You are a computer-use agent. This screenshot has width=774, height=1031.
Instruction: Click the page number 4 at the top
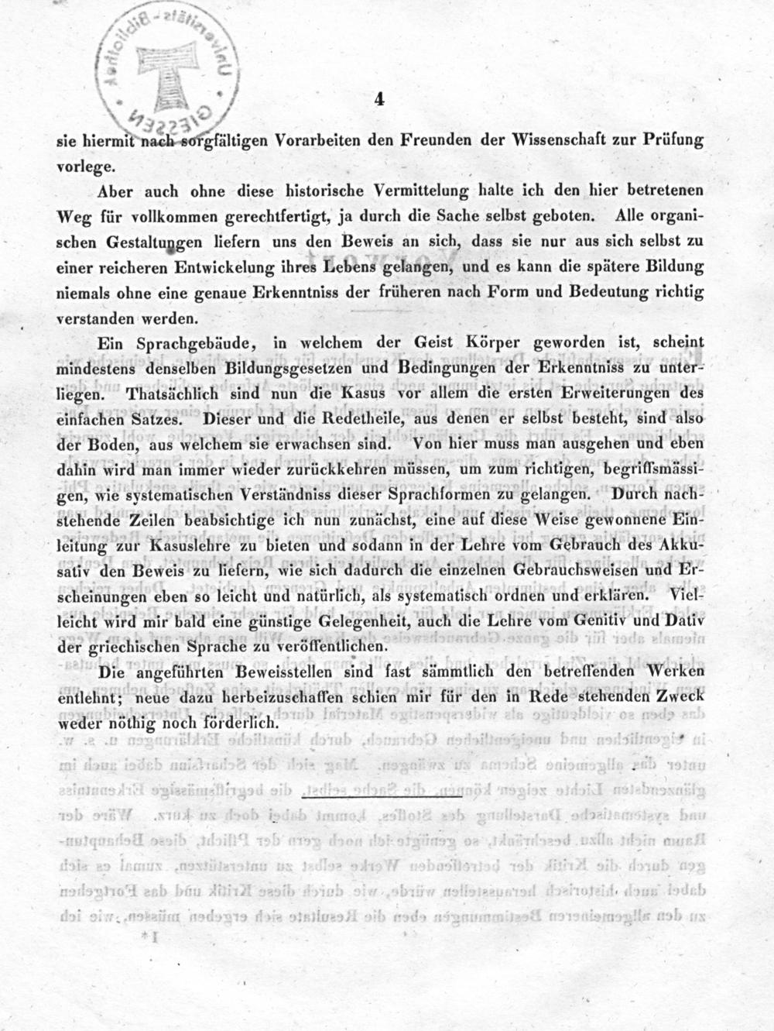[379, 98]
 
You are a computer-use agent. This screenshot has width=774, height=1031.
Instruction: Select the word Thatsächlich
[160, 394]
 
